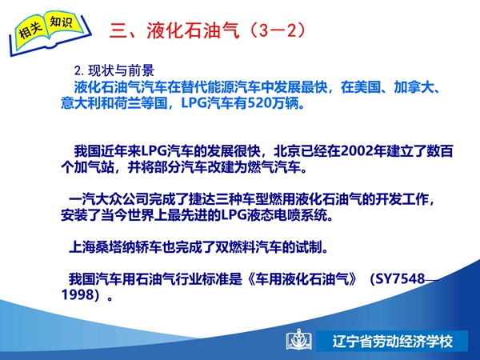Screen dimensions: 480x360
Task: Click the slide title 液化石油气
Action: click(193, 30)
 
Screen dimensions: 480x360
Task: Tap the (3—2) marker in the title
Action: click(278, 30)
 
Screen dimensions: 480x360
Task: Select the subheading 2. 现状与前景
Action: click(114, 70)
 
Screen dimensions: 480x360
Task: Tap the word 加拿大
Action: click(414, 87)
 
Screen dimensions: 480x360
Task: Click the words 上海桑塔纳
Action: click(102, 246)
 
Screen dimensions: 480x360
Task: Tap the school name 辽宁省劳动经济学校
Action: click(393, 341)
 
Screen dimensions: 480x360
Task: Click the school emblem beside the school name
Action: click(298, 340)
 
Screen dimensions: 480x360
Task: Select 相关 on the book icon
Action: click(30, 30)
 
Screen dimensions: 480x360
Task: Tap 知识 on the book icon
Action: click(61, 22)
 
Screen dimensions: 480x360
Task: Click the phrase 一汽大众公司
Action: click(108, 199)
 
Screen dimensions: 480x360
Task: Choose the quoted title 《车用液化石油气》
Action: click(302, 278)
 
